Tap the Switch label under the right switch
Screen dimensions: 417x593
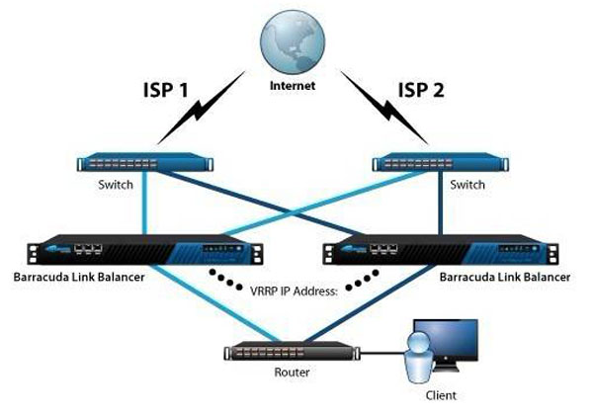(x=466, y=185)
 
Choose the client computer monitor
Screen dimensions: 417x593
(x=451, y=347)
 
